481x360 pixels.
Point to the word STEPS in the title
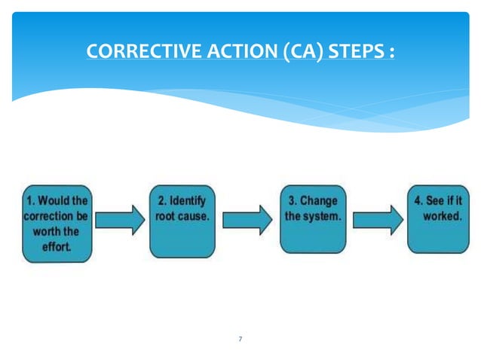(344, 53)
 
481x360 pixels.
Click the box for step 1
(57, 224)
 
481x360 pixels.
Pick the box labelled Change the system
(312, 219)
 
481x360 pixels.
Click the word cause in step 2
(195, 216)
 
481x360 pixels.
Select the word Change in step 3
(319, 202)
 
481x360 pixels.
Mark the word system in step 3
(323, 216)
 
